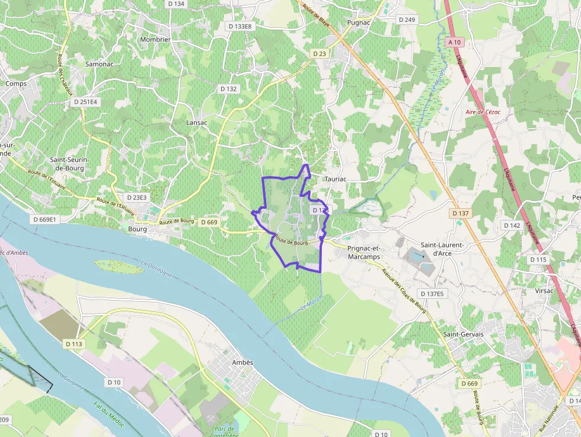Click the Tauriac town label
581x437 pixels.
[x=335, y=178]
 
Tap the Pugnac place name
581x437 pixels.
[x=359, y=23]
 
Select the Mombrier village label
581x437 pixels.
[x=155, y=40]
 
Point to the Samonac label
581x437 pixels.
[x=99, y=63]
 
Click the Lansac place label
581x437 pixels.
[x=197, y=123]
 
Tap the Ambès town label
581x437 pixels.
[x=242, y=362]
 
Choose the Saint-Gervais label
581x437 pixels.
[x=464, y=334]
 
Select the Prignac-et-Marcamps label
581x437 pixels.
[x=364, y=253]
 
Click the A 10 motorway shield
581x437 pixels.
[x=455, y=42]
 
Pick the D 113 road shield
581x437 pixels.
[x=74, y=344]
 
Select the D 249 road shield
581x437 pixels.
[x=407, y=20]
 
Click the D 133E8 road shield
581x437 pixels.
[x=240, y=26]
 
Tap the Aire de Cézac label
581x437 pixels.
[x=483, y=111]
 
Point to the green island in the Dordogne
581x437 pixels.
[x=119, y=266]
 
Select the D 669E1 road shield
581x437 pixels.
[x=44, y=219]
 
